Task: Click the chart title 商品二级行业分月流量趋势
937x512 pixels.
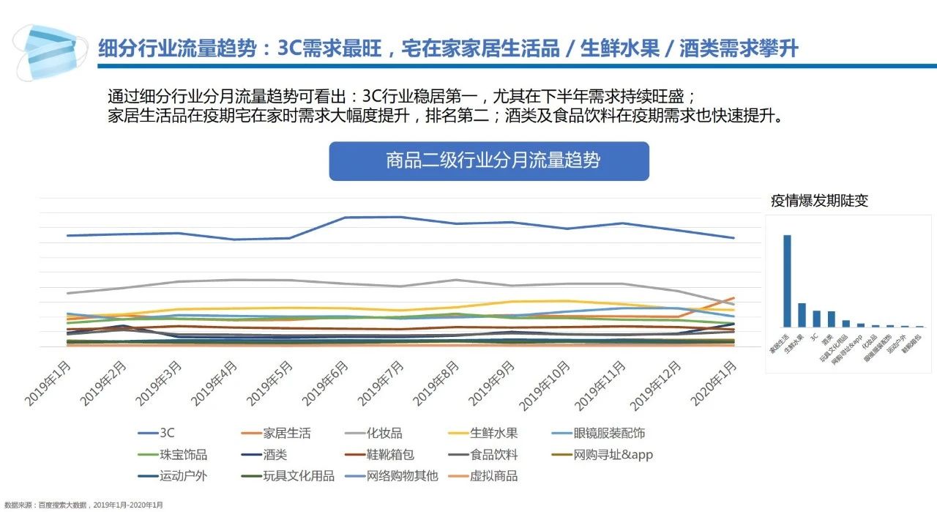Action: [x=488, y=160]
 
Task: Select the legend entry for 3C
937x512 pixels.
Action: [x=166, y=434]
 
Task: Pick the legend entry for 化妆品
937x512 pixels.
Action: [x=384, y=434]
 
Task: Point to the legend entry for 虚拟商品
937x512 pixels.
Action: [x=493, y=476]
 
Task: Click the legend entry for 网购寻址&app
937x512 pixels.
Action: [x=613, y=455]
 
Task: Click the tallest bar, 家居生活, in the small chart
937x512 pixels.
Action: [x=787, y=281]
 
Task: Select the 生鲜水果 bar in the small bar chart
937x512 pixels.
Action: [x=802, y=315]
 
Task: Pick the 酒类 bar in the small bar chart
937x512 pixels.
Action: [x=831, y=319]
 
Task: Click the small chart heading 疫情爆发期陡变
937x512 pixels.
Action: [x=819, y=201]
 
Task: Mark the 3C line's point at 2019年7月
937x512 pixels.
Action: [x=400, y=217]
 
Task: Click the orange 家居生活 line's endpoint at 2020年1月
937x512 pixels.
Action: [x=733, y=298]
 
